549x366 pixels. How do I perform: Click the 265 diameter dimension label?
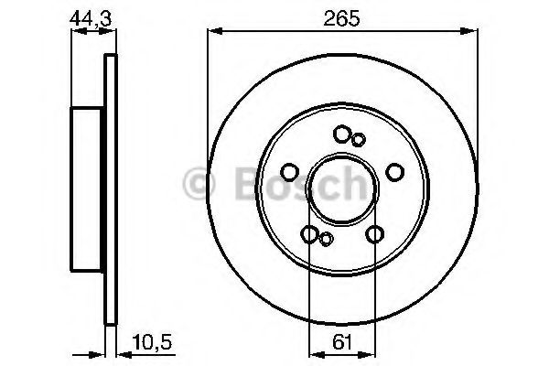pyautogui.click(x=341, y=18)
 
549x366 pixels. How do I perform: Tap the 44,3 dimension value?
pyautogui.click(x=90, y=18)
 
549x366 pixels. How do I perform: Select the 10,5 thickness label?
pyautogui.click(x=152, y=342)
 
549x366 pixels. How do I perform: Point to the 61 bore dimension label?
pyautogui.click(x=342, y=342)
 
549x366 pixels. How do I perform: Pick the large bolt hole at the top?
pyautogui.click(x=341, y=135)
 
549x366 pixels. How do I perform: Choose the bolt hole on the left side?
pyautogui.click(x=290, y=172)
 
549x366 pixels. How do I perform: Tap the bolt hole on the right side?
pyautogui.click(x=395, y=172)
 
